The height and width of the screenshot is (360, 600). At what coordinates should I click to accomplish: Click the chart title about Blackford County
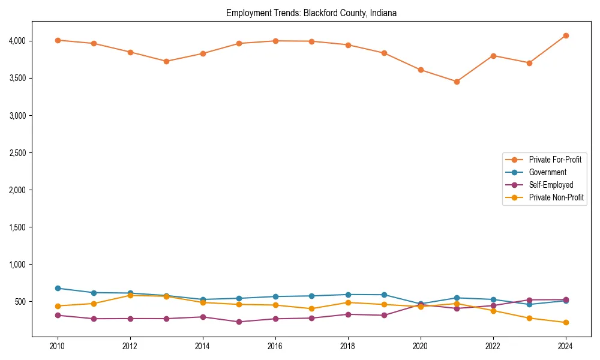click(x=311, y=13)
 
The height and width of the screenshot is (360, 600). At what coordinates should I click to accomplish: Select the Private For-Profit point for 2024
click(x=566, y=35)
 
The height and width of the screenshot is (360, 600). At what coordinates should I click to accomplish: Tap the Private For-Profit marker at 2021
click(x=457, y=82)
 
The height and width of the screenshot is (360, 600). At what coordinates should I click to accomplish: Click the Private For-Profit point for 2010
click(x=58, y=40)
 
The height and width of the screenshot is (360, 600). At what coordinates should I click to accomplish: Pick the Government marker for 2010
click(x=58, y=288)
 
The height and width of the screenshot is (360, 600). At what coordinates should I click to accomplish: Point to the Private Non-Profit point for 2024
click(x=566, y=323)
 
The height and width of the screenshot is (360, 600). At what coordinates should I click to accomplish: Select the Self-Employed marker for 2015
click(x=239, y=322)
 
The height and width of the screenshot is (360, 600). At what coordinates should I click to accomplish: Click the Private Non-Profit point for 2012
click(x=130, y=295)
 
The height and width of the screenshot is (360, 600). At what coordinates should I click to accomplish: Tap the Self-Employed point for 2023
click(x=529, y=300)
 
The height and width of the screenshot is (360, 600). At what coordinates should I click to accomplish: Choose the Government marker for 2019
click(x=384, y=295)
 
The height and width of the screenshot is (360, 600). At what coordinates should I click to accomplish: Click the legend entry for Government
click(x=547, y=172)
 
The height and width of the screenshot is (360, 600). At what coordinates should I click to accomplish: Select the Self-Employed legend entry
click(x=551, y=185)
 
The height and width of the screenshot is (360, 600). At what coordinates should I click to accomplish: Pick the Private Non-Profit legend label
click(x=556, y=197)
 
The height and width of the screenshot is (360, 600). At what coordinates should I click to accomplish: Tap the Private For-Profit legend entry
click(x=555, y=160)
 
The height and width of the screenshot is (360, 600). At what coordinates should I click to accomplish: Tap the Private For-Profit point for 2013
click(x=166, y=61)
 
